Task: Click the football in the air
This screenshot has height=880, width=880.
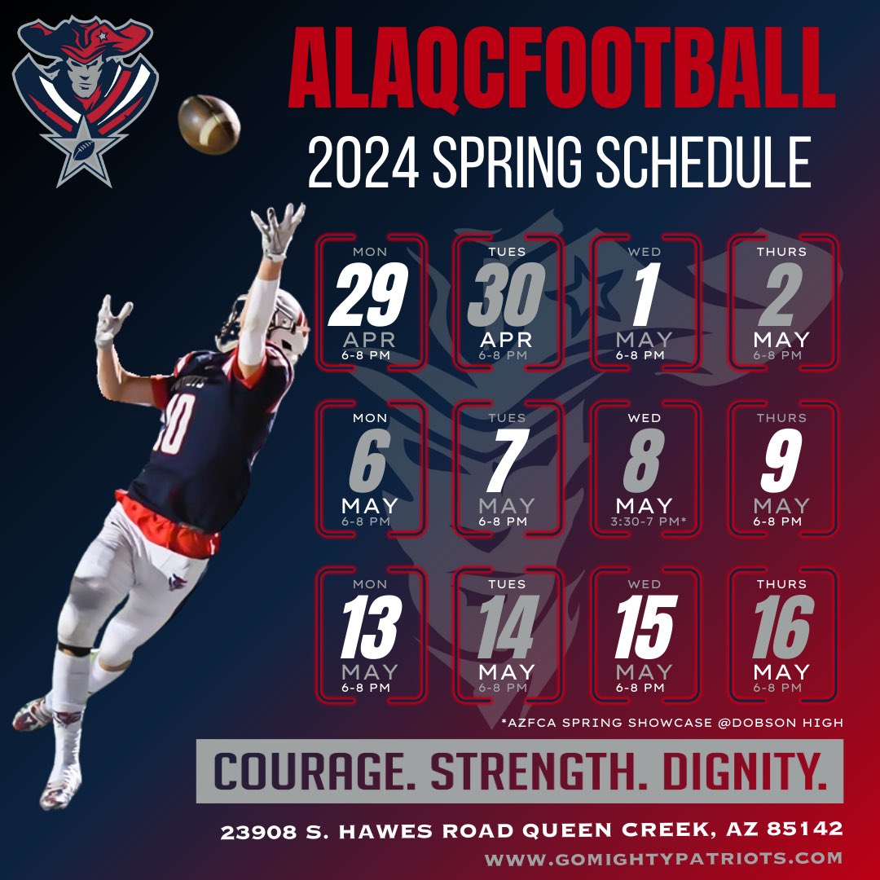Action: pyautogui.click(x=209, y=124)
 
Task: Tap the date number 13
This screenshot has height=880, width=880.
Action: pyautogui.click(x=370, y=627)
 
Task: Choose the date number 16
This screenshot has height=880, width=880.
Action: pyautogui.click(x=782, y=627)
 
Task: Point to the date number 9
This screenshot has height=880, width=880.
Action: pyautogui.click(x=781, y=461)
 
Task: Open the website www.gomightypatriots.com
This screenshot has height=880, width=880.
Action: pyautogui.click(x=663, y=858)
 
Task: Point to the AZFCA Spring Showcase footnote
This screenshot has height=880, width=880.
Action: pyautogui.click(x=673, y=722)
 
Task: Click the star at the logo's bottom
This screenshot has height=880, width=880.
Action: pyautogui.click(x=85, y=152)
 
